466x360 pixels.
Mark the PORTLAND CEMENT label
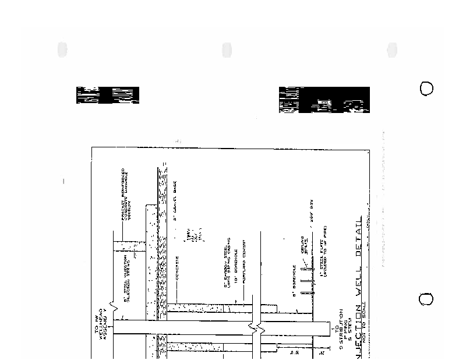[x=247, y=262]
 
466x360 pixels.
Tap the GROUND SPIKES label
[x=306, y=244]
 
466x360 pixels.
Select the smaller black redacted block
[x=108, y=95]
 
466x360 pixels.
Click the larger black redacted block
[x=324, y=100]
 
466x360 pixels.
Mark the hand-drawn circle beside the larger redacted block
[x=427, y=89]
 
